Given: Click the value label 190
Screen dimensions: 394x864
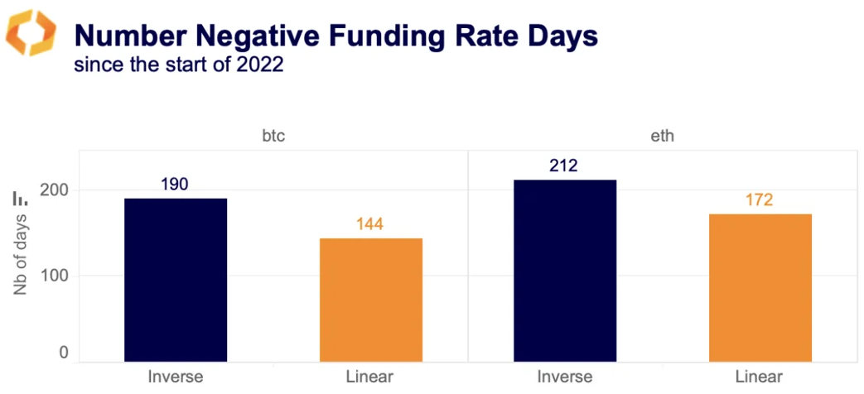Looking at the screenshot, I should (174, 184).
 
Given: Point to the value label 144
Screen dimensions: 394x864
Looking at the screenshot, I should (370, 223).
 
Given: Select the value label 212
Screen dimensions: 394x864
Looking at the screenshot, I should (563, 166).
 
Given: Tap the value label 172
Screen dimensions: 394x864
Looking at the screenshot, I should (759, 199).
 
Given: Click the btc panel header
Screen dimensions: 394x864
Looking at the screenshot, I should (273, 137).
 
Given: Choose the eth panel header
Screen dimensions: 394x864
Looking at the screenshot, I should (663, 137).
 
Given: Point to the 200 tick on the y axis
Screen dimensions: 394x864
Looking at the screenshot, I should (53, 190).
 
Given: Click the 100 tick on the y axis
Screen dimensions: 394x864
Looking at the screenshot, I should (53, 275).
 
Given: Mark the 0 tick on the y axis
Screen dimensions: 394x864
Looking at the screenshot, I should (63, 353).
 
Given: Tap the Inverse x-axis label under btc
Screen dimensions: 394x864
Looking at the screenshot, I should (175, 377).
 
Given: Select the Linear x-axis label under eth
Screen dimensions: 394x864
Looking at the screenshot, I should (759, 377).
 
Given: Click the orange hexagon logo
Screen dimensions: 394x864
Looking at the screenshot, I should (31, 33).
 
